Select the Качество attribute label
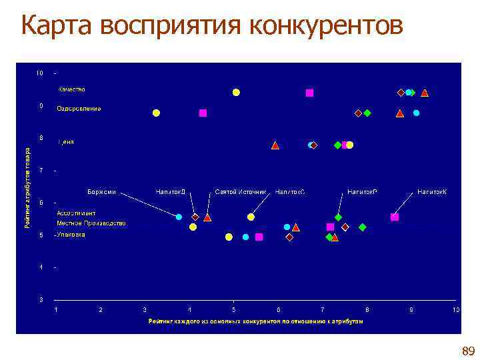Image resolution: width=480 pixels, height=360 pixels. tap(71, 89)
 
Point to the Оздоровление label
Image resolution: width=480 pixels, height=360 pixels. tap(79, 108)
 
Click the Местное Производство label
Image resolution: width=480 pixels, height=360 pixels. tap(91, 223)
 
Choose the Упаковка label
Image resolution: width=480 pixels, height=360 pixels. tap(71, 235)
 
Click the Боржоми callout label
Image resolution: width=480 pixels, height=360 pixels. tap(101, 192)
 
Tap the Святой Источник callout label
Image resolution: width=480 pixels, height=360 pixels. tap(240, 192)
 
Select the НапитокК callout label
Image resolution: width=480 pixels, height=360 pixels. tap(431, 192)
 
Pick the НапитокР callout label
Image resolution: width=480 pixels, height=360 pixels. tap(362, 192)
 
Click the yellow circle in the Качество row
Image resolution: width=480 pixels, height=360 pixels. tap(236, 92)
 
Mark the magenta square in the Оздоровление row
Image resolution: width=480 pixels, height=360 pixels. tap(203, 113)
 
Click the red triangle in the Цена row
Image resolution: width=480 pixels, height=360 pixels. tap(275, 145)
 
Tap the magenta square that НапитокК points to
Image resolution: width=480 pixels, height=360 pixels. tap(395, 217)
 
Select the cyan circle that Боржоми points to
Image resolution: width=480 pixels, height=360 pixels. tap(179, 217)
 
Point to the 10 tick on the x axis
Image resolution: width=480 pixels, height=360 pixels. tap(456, 310)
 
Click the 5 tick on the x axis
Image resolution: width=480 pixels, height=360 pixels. tap(233, 310)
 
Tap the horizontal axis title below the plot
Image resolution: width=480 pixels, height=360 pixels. tap(256, 321)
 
